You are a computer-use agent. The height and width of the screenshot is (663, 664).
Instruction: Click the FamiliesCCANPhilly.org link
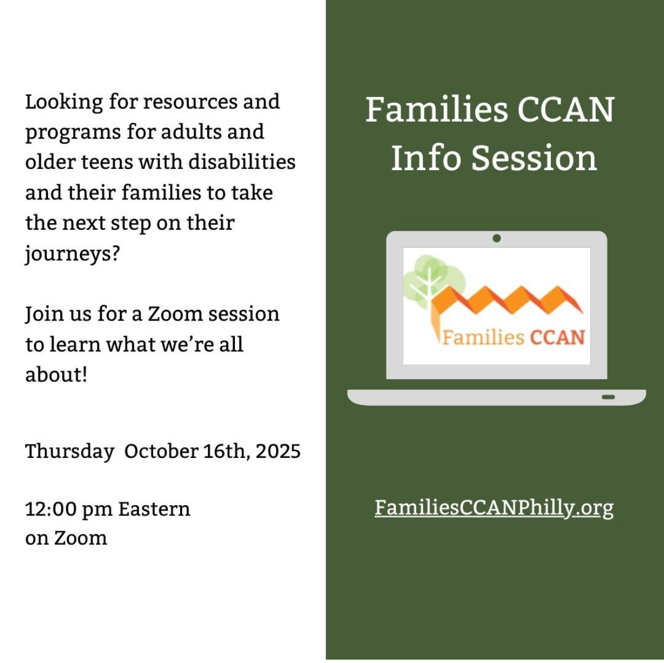coord(494,507)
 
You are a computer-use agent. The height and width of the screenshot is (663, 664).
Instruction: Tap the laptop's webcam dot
coord(497,238)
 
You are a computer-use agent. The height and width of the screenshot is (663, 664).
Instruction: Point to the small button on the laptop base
coord(608,397)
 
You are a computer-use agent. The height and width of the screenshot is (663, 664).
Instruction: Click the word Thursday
coord(69,451)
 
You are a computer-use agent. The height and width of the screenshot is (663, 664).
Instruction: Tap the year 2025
coord(278,451)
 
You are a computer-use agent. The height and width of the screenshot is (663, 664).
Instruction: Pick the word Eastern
coord(154,509)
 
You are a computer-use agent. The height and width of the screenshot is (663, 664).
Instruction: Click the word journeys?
coord(73,254)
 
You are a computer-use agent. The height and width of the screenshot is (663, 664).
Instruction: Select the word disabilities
coord(242,162)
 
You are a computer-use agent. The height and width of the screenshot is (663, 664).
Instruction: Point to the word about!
coord(56,375)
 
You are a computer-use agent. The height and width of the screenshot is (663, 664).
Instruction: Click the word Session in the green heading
coord(534,158)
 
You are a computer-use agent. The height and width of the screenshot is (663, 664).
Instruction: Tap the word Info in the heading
coord(426,158)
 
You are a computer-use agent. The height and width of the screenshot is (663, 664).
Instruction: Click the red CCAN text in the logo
coord(558,337)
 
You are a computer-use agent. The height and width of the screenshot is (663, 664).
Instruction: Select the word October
coord(161,451)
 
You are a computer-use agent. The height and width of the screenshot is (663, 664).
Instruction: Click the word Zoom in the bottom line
coord(81,538)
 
